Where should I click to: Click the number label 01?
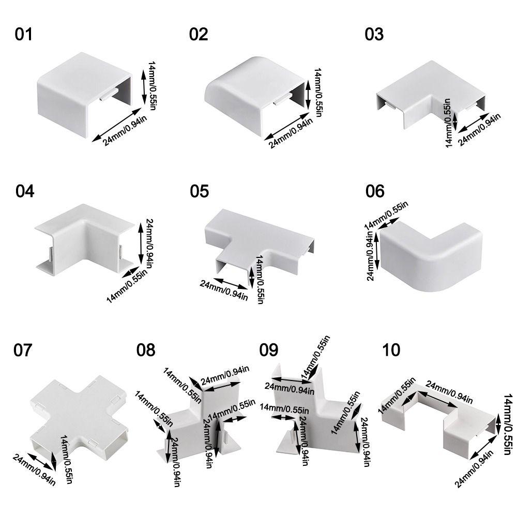click(x=23, y=35)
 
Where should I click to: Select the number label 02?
click(x=198, y=35)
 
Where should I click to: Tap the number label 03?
click(x=374, y=35)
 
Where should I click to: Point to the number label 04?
click(x=24, y=191)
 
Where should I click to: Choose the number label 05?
click(x=199, y=191)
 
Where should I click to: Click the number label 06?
click(x=375, y=191)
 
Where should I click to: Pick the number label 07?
click(x=23, y=350)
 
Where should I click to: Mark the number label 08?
click(x=145, y=350)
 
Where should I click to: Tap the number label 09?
click(x=268, y=350)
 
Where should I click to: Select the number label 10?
click(x=391, y=350)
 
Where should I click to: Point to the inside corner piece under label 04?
click(x=85, y=238)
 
